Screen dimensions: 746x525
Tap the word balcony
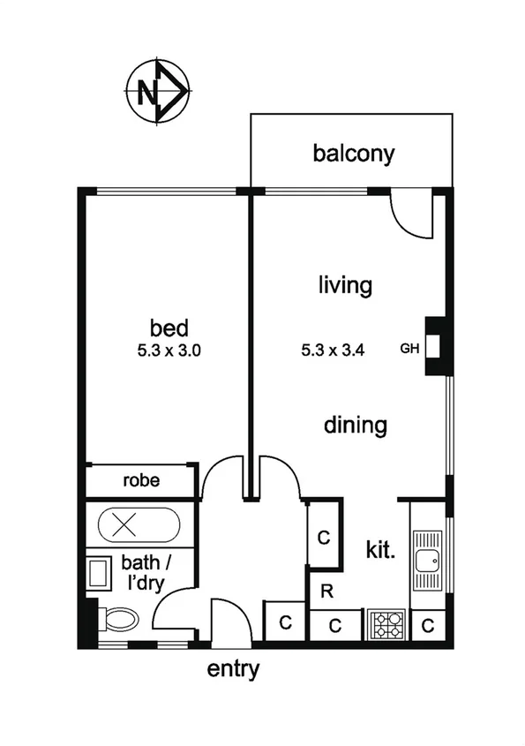pos(354,154)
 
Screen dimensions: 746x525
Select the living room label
pos(345,285)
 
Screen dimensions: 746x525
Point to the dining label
pos(356,425)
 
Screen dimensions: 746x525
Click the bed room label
pos(169,328)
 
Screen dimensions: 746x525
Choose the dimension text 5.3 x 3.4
pos(333,350)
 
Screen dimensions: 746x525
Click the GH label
pos(409,347)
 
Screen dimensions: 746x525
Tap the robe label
pos(140,482)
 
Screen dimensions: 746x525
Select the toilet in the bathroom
pos(118,619)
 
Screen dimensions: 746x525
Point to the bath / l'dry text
pos(146,571)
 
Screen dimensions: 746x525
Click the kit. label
pos(379,550)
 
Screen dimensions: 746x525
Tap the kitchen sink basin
pos(430,558)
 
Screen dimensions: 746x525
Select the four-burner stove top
pos(386,625)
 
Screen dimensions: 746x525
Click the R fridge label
pos(326,592)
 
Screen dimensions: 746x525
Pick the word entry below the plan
pos(233,669)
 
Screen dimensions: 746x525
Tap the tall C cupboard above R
pos(324,536)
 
